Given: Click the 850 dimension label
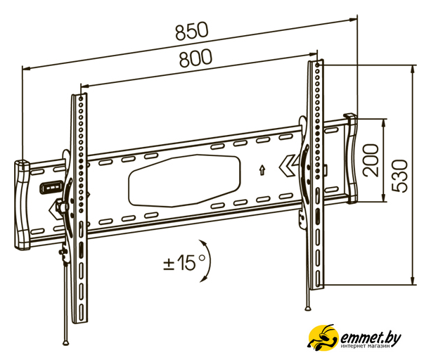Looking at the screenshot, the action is [192, 31].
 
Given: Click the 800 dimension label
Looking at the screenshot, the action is [195, 58].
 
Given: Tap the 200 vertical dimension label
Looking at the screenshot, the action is [371, 160].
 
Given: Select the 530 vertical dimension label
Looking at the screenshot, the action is [399, 176].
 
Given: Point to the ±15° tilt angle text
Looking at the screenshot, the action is [184, 262].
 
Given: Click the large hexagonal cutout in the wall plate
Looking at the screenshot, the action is [184, 181].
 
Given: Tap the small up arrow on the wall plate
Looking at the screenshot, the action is [262, 170].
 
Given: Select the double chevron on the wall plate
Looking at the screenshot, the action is [288, 166].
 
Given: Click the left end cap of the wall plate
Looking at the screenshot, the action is [22, 205].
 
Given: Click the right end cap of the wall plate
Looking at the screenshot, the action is [350, 158].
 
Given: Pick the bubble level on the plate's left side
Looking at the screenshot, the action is [51, 188].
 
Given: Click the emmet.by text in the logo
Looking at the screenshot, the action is [371, 337].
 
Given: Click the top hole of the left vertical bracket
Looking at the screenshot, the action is [81, 98].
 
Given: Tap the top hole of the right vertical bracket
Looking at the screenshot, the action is [318, 65].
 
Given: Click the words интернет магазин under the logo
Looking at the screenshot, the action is [365, 347].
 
